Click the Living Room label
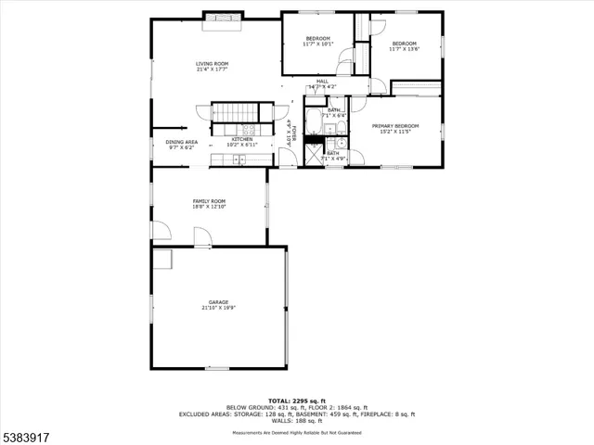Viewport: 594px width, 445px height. click(x=212, y=63)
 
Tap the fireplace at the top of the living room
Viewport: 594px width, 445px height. click(x=224, y=17)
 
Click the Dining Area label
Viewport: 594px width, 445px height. click(x=182, y=142)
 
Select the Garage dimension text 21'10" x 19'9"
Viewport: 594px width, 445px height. click(x=218, y=308)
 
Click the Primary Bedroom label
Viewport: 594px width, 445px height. click(x=395, y=126)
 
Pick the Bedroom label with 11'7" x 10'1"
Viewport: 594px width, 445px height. click(x=316, y=39)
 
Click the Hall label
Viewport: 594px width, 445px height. click(x=322, y=82)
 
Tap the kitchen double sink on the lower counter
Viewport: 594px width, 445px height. click(x=239, y=159)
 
